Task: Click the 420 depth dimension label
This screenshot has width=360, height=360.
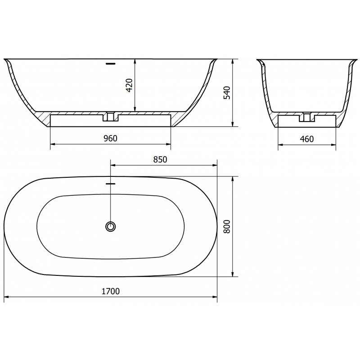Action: (x=129, y=85)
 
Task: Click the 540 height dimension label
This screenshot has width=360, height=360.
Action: (x=227, y=92)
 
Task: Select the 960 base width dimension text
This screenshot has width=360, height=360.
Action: (x=110, y=139)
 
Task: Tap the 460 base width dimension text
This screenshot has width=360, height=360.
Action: (x=306, y=139)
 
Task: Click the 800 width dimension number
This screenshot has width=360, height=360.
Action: (x=227, y=226)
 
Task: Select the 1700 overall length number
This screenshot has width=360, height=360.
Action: (x=110, y=291)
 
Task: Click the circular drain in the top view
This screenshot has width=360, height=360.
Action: (x=110, y=226)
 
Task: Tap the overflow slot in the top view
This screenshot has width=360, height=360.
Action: (x=110, y=184)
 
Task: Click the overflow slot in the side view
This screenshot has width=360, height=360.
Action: (x=110, y=63)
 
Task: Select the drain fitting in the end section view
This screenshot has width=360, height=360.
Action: (x=307, y=117)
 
